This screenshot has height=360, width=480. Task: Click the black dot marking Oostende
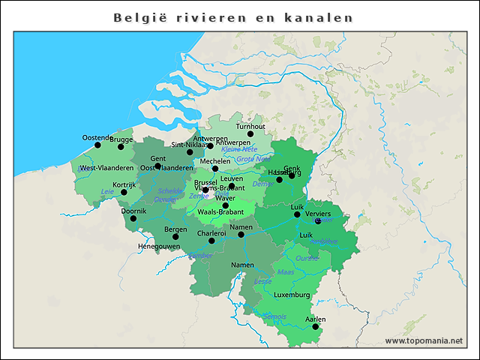click(x=97, y=145)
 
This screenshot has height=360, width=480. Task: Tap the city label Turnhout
click(x=250, y=127)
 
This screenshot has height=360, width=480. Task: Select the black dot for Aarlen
click(x=316, y=327)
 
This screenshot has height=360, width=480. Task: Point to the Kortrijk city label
click(x=124, y=184)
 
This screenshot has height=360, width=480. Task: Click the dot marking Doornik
click(x=133, y=218)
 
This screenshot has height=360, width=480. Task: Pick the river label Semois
click(x=275, y=316)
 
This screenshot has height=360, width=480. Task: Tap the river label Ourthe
click(x=307, y=258)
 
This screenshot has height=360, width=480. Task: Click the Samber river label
click(x=200, y=255)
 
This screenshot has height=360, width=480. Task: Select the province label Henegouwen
click(x=159, y=246)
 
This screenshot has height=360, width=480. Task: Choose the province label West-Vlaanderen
click(x=106, y=168)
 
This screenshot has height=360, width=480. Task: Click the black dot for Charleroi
click(x=211, y=241)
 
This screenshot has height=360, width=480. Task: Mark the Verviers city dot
click(x=318, y=221)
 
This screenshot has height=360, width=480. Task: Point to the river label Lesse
click(x=263, y=281)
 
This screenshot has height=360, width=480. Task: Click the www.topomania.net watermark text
click(x=424, y=340)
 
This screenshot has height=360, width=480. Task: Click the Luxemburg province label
click(x=292, y=295)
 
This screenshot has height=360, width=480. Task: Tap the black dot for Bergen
click(x=175, y=236)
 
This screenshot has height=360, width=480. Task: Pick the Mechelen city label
click(x=215, y=161)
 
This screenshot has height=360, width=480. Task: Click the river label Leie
click(x=107, y=192)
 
